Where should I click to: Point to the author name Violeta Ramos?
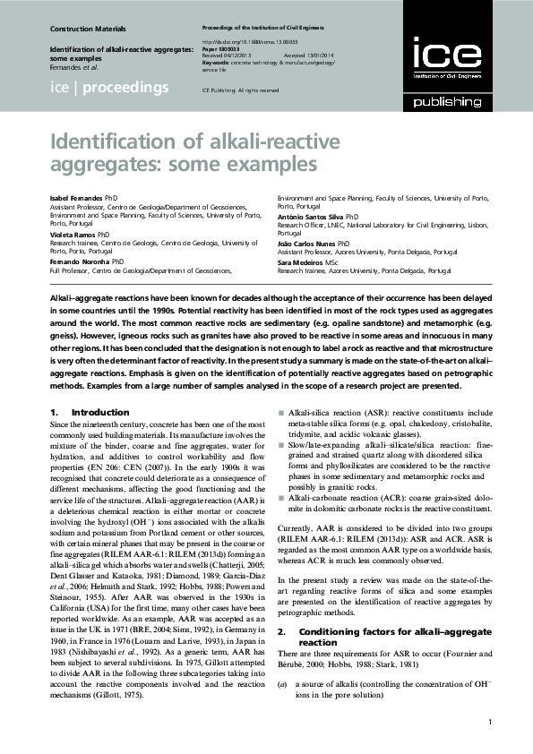click(73, 236)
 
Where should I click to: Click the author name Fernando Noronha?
click(79, 262)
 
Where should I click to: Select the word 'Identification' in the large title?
click(104, 142)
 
